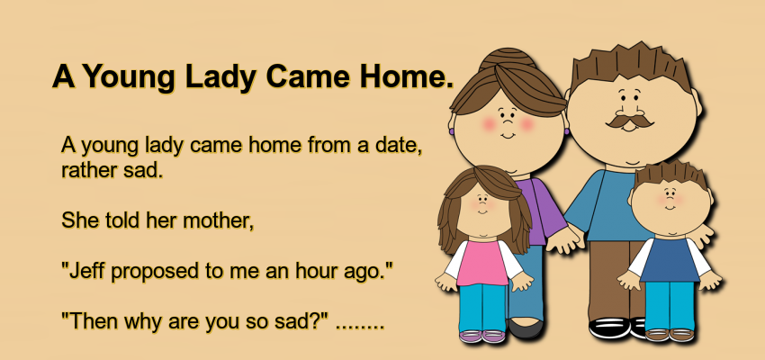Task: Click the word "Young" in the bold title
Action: pos(131,77)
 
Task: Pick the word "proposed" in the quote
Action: pos(156,272)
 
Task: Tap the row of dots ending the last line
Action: pos(360,327)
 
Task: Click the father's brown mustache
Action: pos(629,121)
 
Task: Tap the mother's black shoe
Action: pos(526,328)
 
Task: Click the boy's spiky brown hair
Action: pos(670,174)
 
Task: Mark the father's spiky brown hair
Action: pos(632,66)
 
